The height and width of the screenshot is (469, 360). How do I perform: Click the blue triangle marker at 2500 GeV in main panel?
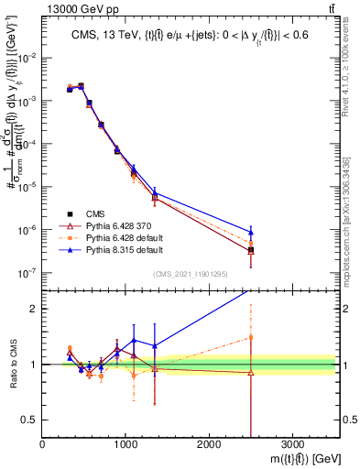[x=251, y=232]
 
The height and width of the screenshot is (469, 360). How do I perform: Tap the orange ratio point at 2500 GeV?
[x=251, y=337]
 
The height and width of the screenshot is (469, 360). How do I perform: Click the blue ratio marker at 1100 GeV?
[x=134, y=340]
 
